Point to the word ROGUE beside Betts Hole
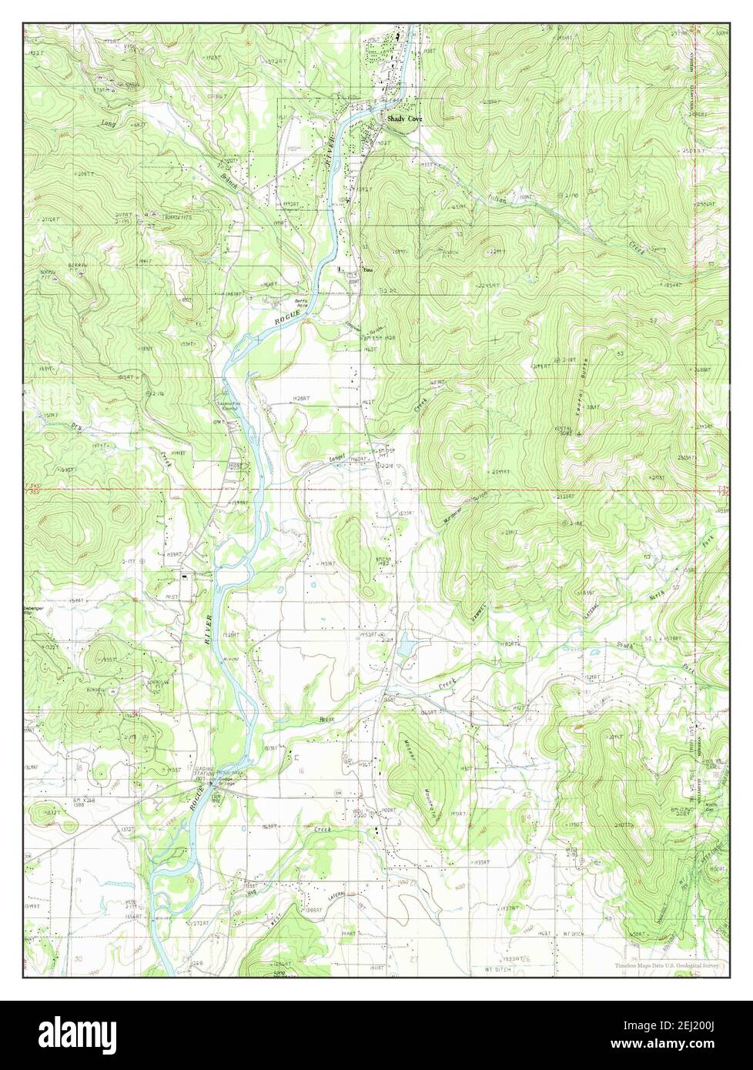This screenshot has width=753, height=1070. (x=286, y=314)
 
